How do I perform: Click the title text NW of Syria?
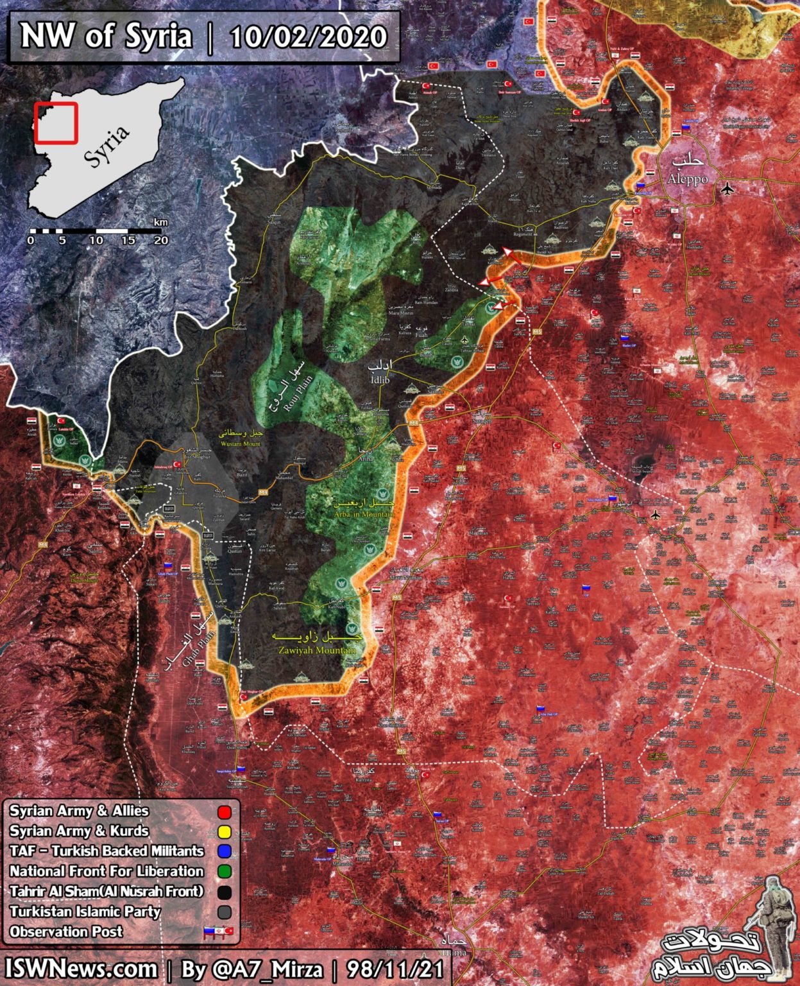click(106, 37)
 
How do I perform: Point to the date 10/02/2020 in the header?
click(308, 37)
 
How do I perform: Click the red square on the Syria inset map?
click(56, 122)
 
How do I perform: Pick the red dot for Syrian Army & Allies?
click(224, 812)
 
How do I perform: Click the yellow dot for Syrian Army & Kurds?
click(224, 832)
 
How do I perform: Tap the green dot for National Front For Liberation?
click(224, 872)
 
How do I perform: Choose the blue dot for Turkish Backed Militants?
click(224, 852)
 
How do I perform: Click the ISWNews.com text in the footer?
click(81, 969)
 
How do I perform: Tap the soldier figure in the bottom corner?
click(772, 924)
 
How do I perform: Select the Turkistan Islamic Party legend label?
click(85, 912)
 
